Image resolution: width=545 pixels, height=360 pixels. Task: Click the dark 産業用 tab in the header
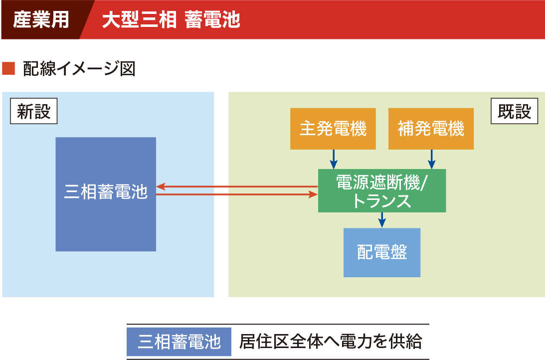point(43,19)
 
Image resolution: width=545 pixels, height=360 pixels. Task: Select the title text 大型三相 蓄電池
point(171,19)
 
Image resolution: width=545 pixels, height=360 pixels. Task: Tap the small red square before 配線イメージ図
point(8,68)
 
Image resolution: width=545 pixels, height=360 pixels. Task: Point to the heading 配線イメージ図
point(79,68)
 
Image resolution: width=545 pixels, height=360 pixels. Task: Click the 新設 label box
point(34,111)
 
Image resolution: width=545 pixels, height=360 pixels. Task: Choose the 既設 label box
point(515,111)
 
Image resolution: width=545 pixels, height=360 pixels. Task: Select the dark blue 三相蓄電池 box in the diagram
point(106,194)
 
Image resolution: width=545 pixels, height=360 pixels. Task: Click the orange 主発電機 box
point(333,129)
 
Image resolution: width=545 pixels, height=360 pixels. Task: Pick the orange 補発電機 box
point(431,129)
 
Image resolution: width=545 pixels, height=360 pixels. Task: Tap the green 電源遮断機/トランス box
point(382,190)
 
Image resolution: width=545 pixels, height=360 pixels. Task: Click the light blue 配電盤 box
point(382,253)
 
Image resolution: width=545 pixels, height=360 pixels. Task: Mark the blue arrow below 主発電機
point(334,159)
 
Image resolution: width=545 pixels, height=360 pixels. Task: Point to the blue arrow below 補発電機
point(432,159)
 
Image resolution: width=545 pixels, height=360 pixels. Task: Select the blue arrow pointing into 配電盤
point(382,220)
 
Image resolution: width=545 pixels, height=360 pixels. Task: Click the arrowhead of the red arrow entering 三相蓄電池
point(160,186)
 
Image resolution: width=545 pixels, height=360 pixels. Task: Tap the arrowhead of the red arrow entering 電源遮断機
point(314,194)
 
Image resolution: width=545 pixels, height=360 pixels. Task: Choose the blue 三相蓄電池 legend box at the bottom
point(179,342)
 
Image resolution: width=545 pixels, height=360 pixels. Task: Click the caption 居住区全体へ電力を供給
point(331,341)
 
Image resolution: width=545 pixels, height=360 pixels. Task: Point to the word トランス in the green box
point(382,201)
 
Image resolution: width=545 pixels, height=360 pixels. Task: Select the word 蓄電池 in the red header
point(212,19)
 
